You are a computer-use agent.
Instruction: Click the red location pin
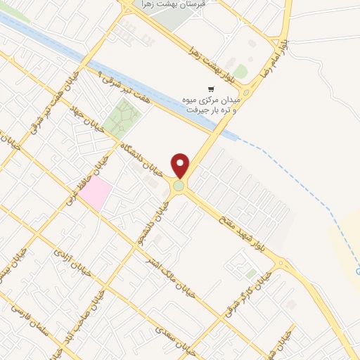[181, 165]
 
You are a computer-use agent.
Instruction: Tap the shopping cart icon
[211, 89]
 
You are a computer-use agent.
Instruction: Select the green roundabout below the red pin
[180, 186]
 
